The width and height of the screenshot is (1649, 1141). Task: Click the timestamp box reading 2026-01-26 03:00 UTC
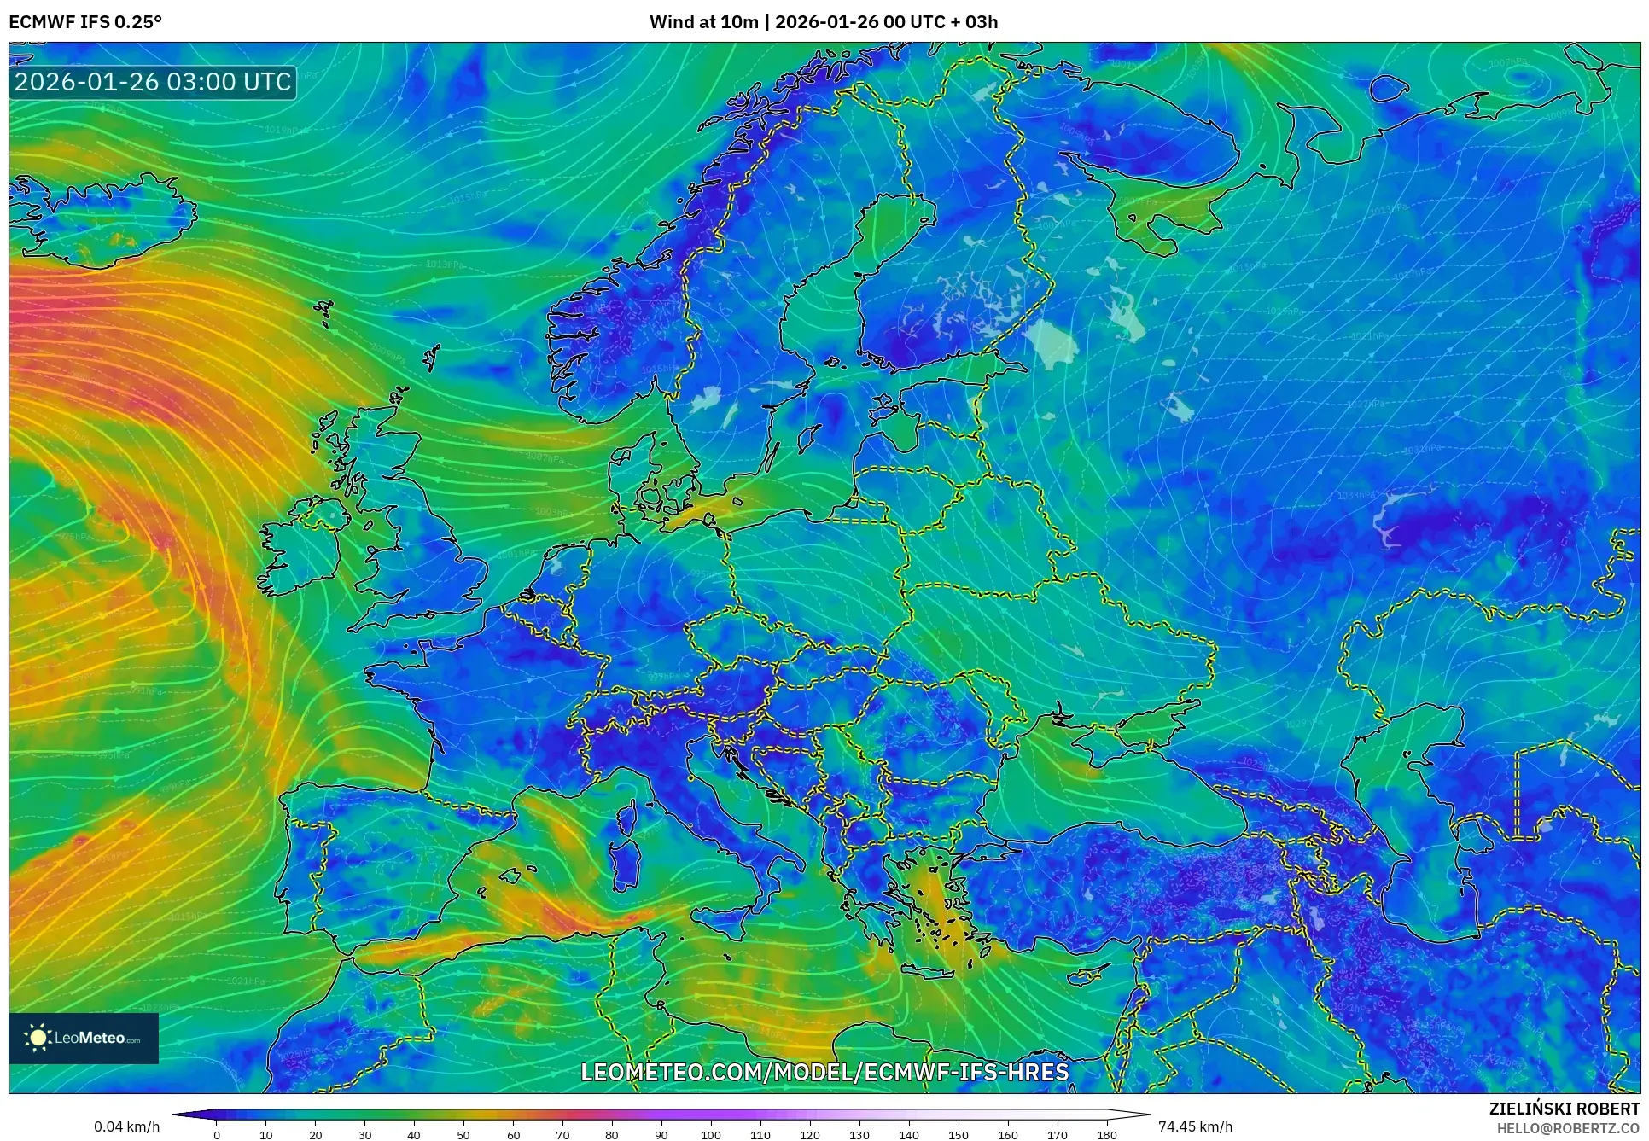pos(154,82)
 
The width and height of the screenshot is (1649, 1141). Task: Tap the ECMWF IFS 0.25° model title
pos(85,21)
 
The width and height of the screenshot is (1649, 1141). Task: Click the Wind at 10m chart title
pos(823,21)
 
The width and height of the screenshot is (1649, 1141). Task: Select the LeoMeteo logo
pos(84,1038)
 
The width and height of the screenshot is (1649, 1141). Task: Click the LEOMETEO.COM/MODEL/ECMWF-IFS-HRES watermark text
pos(824,1072)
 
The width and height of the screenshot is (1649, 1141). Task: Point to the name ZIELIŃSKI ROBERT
pos(1564,1109)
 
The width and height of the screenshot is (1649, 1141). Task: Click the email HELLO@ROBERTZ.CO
pos(1568,1128)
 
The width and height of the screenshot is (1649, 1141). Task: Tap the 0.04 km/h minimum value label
pos(126,1126)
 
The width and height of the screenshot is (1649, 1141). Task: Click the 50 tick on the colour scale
pos(463,1135)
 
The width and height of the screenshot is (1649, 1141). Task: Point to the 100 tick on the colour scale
pos(711,1135)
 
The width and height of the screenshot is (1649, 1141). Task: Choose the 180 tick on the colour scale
pos(1106,1135)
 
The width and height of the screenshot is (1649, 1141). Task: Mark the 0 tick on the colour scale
pos(217,1135)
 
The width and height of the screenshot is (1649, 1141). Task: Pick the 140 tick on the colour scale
pos(909,1135)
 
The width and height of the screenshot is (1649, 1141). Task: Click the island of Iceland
pos(102,218)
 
